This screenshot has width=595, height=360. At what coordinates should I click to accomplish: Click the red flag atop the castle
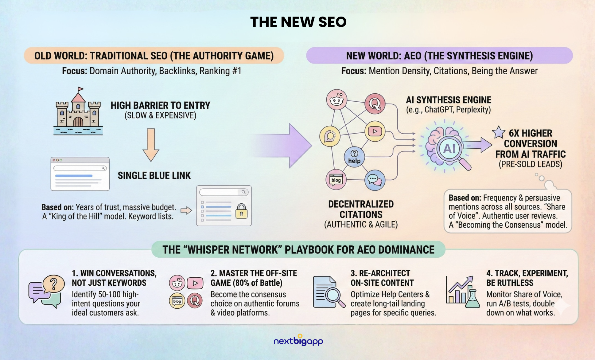tap(80, 89)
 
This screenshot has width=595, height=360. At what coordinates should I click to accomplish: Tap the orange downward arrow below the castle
tap(151, 145)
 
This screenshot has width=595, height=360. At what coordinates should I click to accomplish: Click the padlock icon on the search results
tap(241, 211)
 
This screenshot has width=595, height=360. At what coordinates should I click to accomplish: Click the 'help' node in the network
tap(354, 157)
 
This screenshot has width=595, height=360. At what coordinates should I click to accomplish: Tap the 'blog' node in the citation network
tap(336, 180)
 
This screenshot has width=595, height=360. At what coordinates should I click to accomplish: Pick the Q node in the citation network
tap(375, 104)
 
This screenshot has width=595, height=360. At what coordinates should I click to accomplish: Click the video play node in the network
tap(375, 131)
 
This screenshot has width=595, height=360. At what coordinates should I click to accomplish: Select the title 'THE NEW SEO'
tap(298, 22)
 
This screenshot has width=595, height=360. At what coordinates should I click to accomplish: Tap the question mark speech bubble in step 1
tap(54, 284)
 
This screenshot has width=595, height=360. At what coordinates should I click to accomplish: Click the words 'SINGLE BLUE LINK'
tap(154, 175)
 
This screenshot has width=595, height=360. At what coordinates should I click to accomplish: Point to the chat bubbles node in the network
tap(375, 180)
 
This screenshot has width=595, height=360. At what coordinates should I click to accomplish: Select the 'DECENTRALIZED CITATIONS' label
tap(361, 209)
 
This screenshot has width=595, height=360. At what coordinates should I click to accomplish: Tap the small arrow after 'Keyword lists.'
tap(186, 210)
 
